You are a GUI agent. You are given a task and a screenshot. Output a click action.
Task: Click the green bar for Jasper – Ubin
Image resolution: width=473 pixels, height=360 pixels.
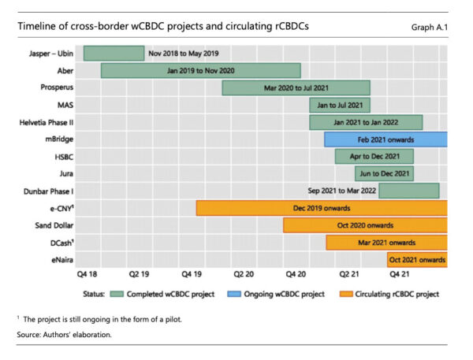click(x=114, y=54)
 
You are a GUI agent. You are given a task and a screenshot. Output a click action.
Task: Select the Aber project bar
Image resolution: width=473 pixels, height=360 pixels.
click(x=200, y=70)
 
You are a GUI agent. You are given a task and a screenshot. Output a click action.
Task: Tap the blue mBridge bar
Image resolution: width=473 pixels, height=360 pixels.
click(x=385, y=139)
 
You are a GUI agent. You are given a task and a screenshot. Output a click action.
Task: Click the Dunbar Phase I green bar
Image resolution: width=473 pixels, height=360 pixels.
click(x=419, y=191)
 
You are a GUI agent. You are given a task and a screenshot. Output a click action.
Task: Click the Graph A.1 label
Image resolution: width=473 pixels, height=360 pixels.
click(x=430, y=27)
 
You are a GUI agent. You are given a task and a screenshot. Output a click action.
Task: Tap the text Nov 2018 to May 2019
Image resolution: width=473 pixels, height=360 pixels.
click(x=183, y=54)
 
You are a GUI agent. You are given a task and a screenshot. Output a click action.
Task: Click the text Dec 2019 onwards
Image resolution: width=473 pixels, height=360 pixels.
click(x=321, y=208)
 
